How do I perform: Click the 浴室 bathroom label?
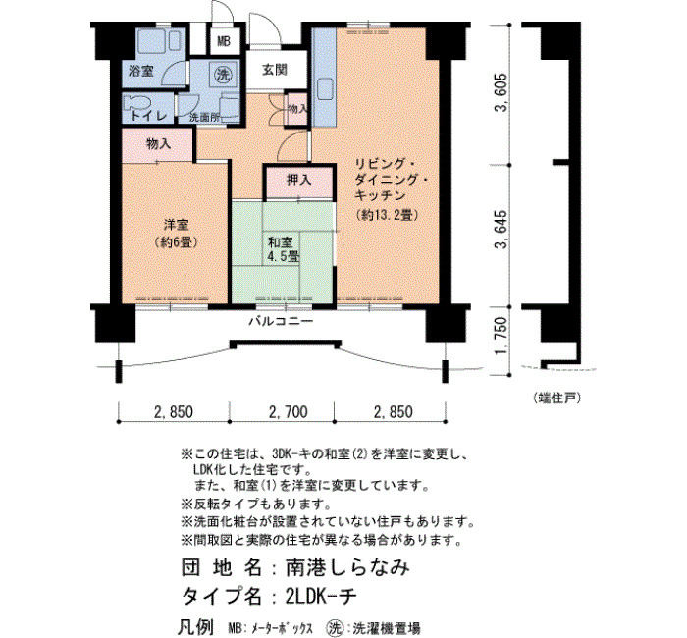pos(141,71)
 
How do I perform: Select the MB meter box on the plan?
pos(224,41)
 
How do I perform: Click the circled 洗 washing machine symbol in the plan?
pos(223,74)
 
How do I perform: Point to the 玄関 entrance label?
pos(275,70)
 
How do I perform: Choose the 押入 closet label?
pos(298,180)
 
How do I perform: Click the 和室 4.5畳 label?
pos(283,249)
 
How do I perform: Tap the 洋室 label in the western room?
pos(176,225)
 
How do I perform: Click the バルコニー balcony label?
pos(281,321)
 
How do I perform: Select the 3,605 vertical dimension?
pos(502,92)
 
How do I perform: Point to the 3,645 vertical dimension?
pos(502,229)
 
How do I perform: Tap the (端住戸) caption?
pos(556,398)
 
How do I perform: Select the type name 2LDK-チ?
pos(320,596)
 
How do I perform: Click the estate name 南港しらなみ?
pos(347,567)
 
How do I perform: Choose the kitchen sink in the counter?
pos(325,87)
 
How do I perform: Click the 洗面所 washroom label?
pos(204,118)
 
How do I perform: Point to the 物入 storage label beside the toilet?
pos(158,143)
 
